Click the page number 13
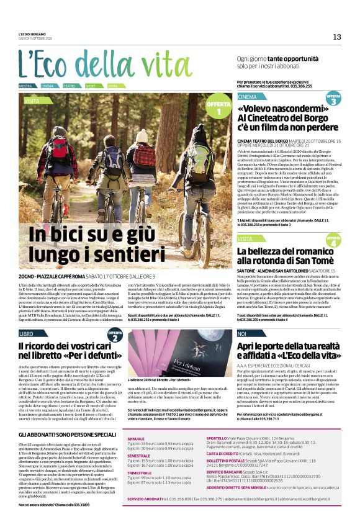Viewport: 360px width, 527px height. pyautogui.click(x=337, y=37)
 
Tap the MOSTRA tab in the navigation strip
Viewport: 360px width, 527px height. pyautogui.click(x=26, y=86)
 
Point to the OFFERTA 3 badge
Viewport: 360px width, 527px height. pyautogui.click(x=333, y=99)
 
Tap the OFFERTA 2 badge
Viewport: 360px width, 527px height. pyautogui.click(x=114, y=336)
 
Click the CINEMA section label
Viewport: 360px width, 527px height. pyautogui.click(x=247, y=97)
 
